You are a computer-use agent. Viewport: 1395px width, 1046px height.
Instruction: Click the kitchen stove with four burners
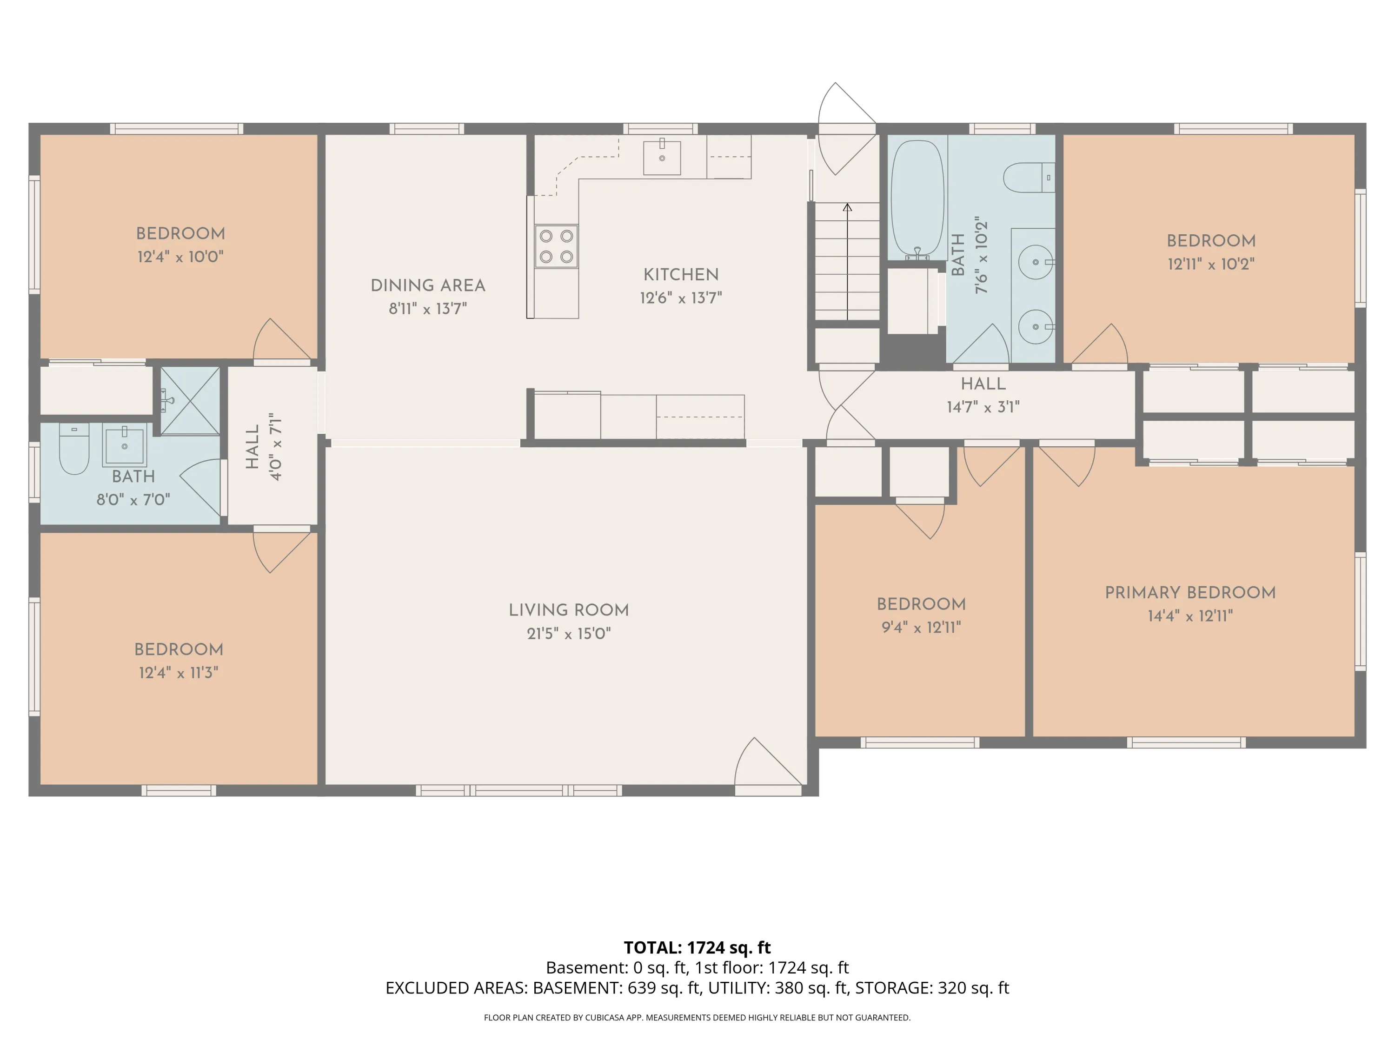click(x=556, y=246)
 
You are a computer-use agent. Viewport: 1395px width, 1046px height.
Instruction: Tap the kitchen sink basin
click(x=662, y=158)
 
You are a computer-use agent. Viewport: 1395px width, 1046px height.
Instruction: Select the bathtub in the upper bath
click(x=917, y=198)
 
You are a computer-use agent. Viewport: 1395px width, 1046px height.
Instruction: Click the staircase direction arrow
click(x=847, y=261)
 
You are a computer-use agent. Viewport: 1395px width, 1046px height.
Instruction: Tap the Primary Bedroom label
click(x=1190, y=593)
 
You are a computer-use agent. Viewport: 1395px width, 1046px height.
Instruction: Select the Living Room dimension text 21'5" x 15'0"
click(x=569, y=634)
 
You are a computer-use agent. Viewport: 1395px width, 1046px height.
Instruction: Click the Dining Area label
click(x=428, y=285)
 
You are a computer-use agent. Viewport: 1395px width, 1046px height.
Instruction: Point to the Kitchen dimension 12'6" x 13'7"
click(x=680, y=298)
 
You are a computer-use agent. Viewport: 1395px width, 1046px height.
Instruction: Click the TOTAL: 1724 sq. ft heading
click(x=697, y=947)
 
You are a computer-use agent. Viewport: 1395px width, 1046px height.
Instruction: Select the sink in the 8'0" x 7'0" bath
click(x=124, y=446)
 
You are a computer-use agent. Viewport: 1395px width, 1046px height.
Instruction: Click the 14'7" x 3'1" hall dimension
click(x=983, y=407)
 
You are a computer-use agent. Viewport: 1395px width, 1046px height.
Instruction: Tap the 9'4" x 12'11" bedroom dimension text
click(x=921, y=627)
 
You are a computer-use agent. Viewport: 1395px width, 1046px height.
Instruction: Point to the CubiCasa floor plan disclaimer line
click(x=697, y=1018)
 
